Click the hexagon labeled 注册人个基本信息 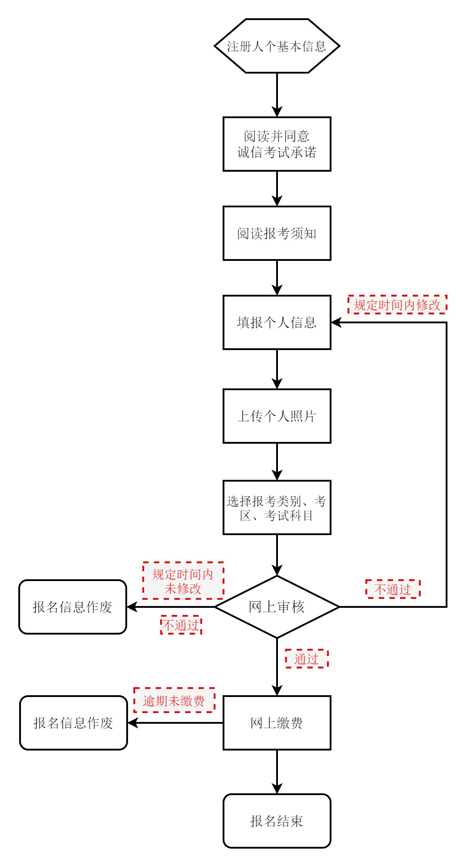point(277,46)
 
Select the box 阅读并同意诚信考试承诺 point(277,144)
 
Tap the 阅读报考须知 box point(277,233)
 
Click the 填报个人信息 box point(277,322)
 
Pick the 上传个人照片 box point(277,416)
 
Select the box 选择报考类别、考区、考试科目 point(277,507)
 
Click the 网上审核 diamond point(277,607)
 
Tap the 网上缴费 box point(277,723)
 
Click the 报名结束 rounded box point(277,821)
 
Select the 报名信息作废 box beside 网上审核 point(73,607)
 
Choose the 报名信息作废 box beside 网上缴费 point(74,723)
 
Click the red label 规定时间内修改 point(397,305)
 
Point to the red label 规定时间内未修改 point(183,581)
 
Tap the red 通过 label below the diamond point(306,659)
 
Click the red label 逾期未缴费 point(174,701)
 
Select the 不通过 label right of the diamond point(393,589)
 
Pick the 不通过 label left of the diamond point(181,625)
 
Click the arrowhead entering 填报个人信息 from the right point(336,322)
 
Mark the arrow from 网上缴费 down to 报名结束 point(277,771)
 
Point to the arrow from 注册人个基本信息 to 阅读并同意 point(277,95)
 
